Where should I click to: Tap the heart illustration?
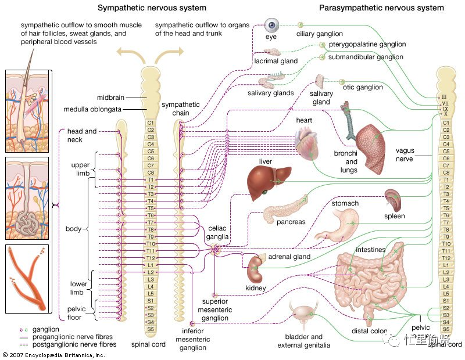click(x=306, y=145)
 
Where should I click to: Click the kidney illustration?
click(x=255, y=269)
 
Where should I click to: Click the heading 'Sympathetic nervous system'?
click(x=151, y=8)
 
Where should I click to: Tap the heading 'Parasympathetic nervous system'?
click(x=381, y=8)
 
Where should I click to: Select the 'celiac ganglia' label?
click(x=219, y=233)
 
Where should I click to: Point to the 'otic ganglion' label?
click(x=363, y=87)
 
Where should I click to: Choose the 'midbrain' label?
click(x=108, y=98)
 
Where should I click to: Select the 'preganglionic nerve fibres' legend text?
click(x=74, y=337)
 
